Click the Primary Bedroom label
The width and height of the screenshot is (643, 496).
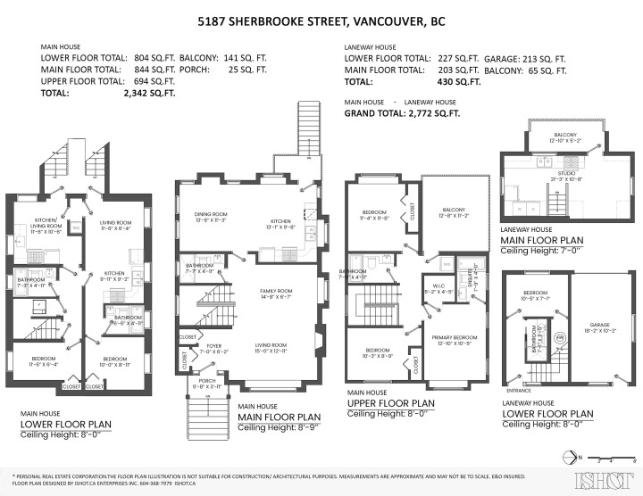tap(451, 338)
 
